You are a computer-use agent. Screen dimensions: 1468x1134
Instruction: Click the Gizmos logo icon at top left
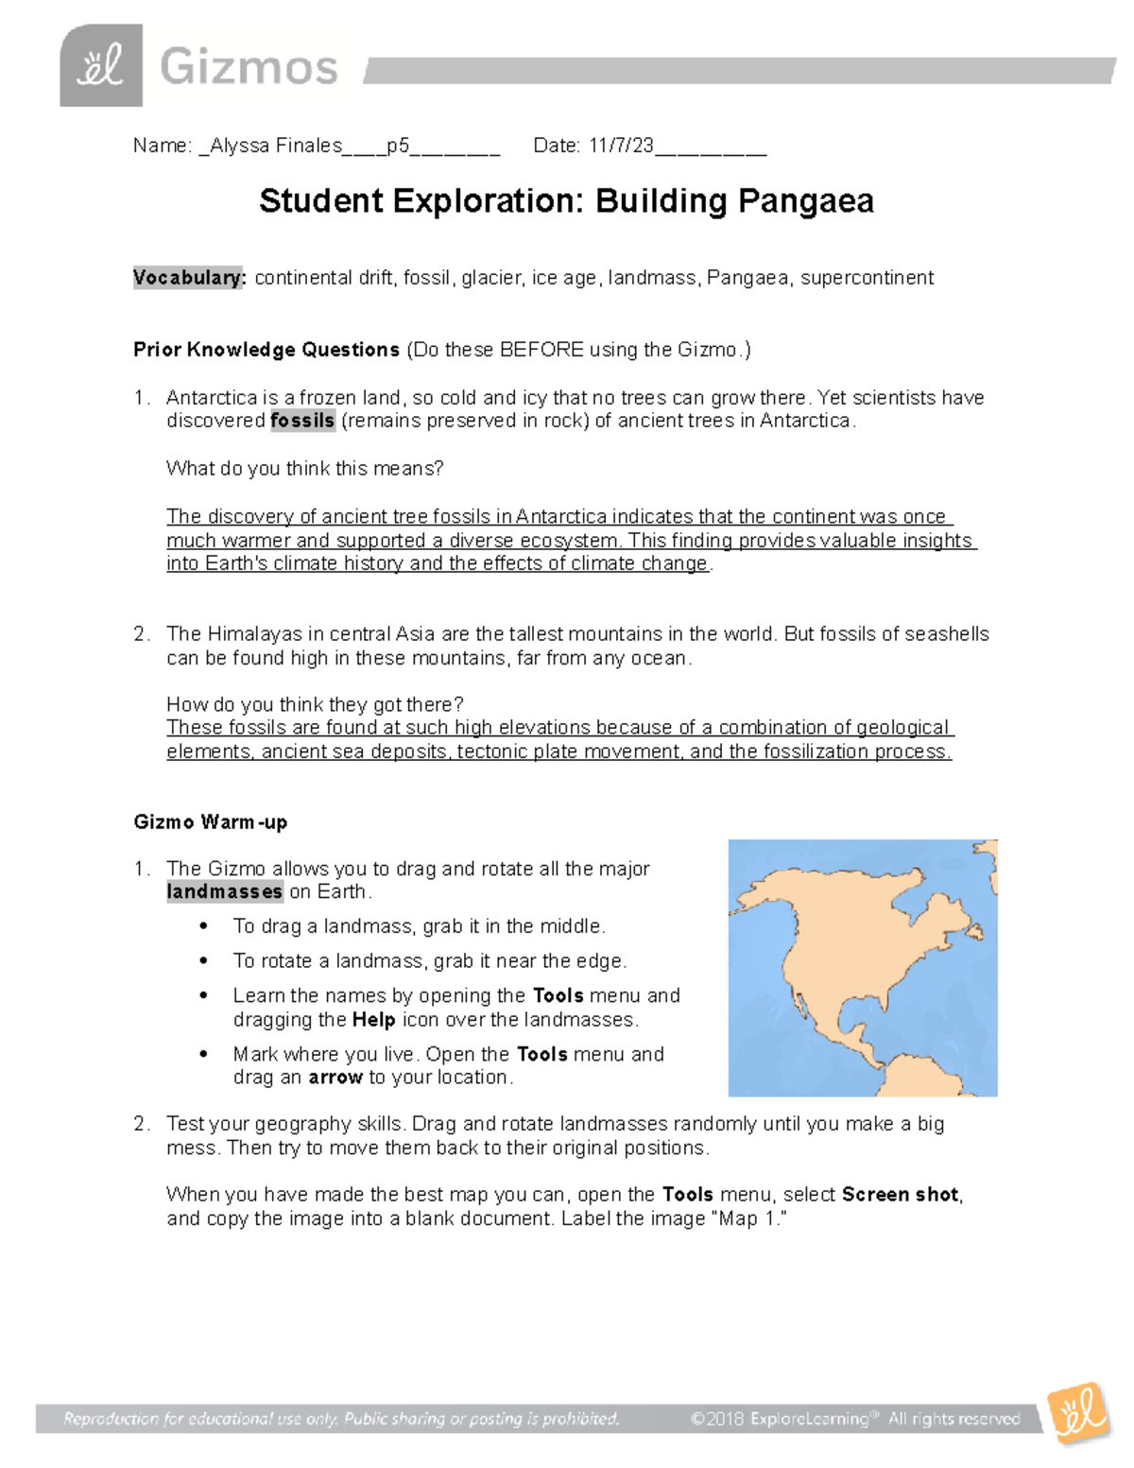pyautogui.click(x=101, y=65)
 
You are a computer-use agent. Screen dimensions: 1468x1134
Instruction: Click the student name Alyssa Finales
pyautogui.click(x=275, y=146)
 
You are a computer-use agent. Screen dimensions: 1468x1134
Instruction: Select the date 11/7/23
pyautogui.click(x=621, y=146)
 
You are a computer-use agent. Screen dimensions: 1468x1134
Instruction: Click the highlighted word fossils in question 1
pyautogui.click(x=302, y=421)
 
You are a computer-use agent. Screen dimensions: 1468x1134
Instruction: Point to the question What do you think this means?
pyautogui.click(x=304, y=469)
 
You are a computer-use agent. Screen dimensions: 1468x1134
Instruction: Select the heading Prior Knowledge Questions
pyautogui.click(x=266, y=350)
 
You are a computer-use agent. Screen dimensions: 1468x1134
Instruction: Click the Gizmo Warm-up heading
pyautogui.click(x=211, y=822)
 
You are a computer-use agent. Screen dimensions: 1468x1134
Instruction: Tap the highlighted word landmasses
pyautogui.click(x=225, y=891)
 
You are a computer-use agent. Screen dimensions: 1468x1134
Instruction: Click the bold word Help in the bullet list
pyautogui.click(x=373, y=1020)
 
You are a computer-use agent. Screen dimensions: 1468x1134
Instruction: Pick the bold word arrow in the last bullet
pyautogui.click(x=335, y=1078)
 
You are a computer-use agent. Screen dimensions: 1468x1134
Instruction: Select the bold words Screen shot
pyautogui.click(x=900, y=1195)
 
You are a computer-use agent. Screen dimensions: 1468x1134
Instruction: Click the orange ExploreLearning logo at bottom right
pyautogui.click(x=1078, y=1413)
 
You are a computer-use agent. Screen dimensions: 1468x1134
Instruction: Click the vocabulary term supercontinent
pyautogui.click(x=867, y=278)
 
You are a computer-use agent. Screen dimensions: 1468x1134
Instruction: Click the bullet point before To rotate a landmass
pyautogui.click(x=204, y=961)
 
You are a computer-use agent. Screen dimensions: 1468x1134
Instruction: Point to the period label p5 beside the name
pyautogui.click(x=398, y=146)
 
